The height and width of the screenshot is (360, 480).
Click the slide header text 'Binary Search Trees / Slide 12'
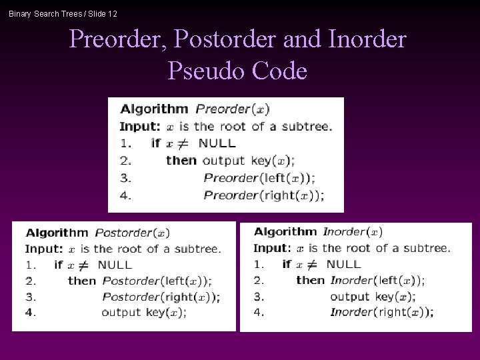tap(63, 13)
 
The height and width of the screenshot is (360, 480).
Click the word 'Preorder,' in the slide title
tap(117, 40)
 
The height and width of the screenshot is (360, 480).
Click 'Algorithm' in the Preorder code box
tap(154, 109)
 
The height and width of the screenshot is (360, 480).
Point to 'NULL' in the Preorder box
tap(217, 143)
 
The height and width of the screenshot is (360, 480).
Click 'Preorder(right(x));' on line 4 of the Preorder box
tap(264, 195)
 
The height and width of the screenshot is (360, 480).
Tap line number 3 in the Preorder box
tap(124, 178)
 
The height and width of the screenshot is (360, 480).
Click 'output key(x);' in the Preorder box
tap(249, 160)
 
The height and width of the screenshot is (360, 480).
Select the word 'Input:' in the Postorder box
tap(44, 249)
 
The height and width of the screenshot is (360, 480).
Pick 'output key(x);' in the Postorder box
tap(144, 312)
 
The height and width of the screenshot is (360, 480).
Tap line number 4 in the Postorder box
tap(30, 312)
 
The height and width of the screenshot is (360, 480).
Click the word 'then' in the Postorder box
tap(81, 281)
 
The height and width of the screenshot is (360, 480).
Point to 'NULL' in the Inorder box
tap(344, 264)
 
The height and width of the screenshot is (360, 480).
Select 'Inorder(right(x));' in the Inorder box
tap(382, 312)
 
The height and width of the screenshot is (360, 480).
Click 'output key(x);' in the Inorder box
tap(373, 297)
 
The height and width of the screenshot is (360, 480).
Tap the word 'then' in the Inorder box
tap(310, 281)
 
